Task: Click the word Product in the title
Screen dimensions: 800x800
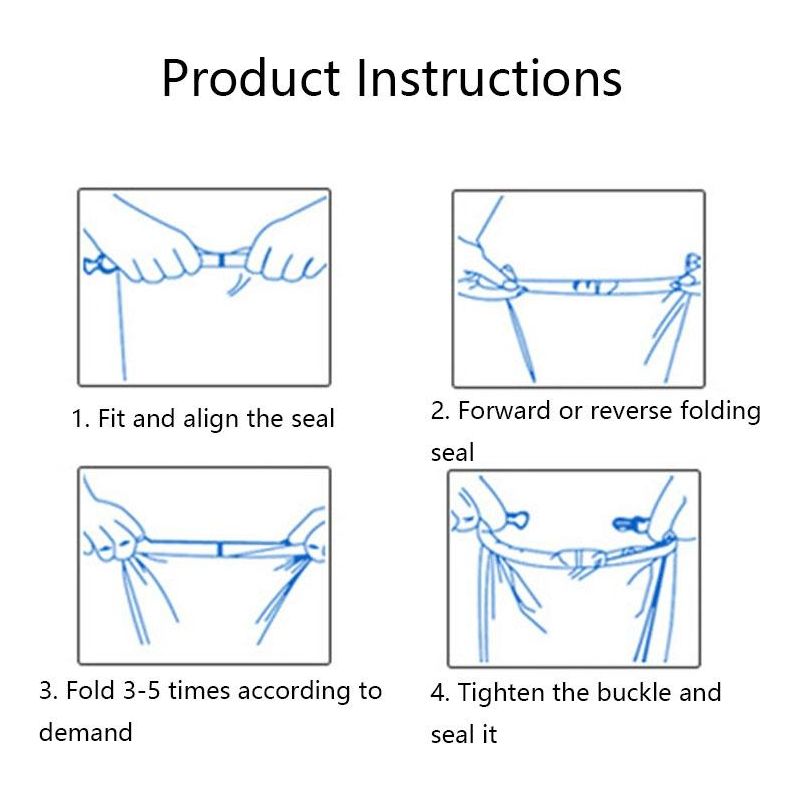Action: click(251, 78)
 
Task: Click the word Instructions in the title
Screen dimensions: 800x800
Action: click(489, 78)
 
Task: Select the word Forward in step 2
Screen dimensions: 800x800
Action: click(504, 411)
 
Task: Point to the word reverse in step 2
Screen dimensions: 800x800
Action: click(631, 412)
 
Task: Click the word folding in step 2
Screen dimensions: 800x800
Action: click(720, 412)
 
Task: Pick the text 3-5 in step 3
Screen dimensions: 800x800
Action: click(142, 691)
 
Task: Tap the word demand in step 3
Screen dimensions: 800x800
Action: click(86, 733)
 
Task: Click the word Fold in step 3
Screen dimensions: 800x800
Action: click(90, 691)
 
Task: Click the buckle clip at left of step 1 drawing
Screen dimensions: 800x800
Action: click(96, 264)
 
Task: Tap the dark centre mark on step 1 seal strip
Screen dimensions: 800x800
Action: click(221, 261)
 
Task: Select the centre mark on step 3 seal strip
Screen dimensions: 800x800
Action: click(220, 549)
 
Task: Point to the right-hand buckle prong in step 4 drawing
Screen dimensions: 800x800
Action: click(630, 523)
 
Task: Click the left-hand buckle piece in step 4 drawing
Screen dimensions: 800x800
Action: click(516, 520)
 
